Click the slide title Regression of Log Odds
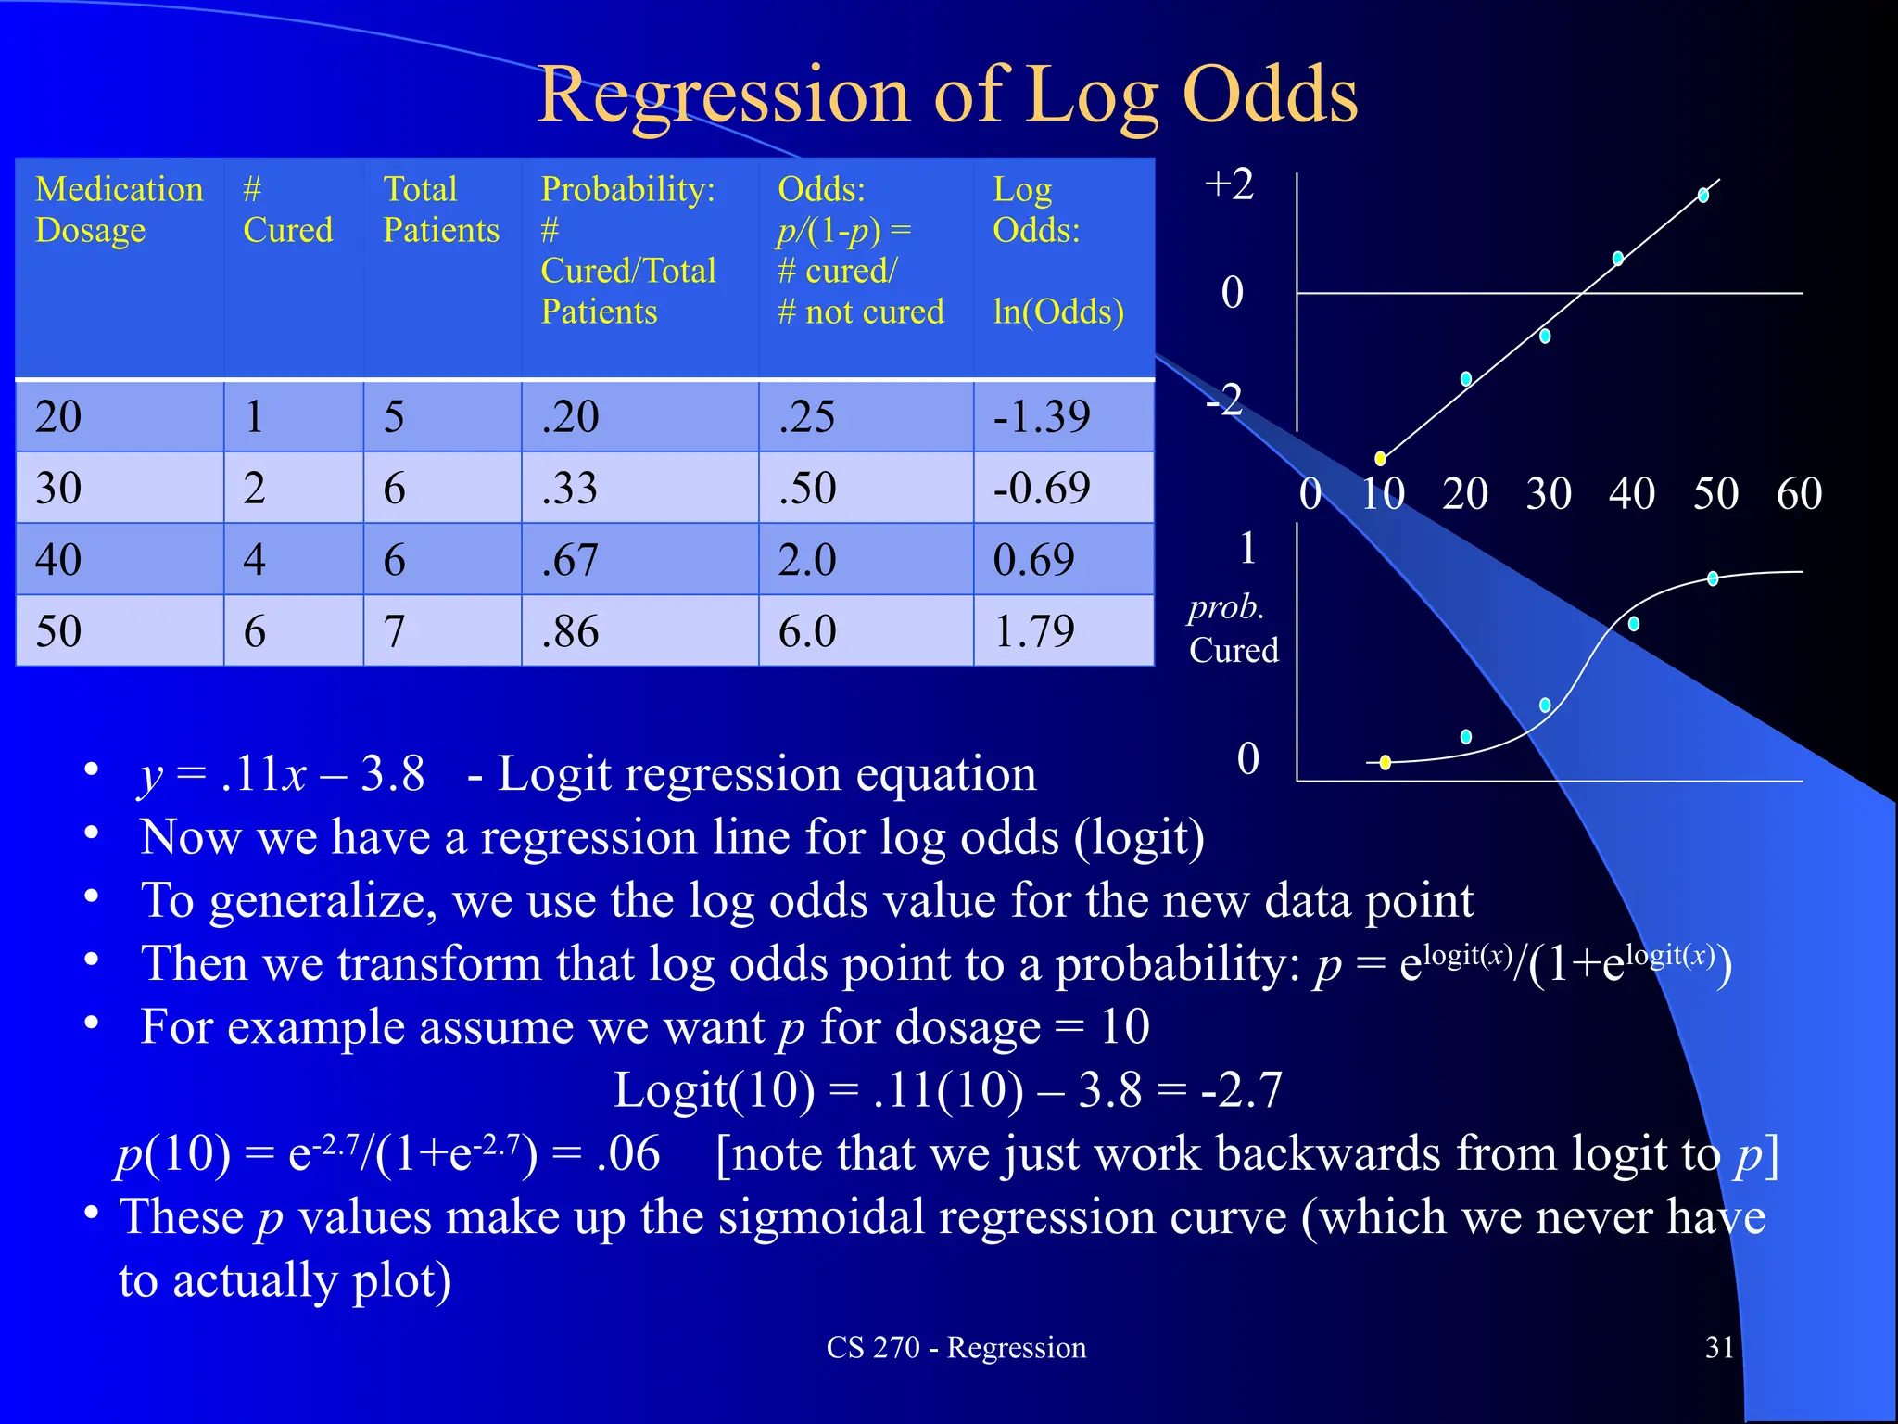tap(947, 95)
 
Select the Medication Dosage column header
tap(119, 210)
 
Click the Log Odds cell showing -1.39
tap(1042, 416)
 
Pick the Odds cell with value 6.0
tap(807, 631)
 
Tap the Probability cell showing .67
tap(570, 560)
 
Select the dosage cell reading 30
tap(58, 488)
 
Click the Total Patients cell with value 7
tap(394, 631)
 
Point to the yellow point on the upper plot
tap(1380, 458)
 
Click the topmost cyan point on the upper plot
tap(1703, 195)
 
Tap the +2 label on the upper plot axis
tap(1229, 184)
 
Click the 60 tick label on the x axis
tap(1799, 493)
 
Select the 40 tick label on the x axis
tap(1631, 493)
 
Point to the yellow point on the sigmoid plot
tap(1385, 762)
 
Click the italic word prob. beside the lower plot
tap(1226, 607)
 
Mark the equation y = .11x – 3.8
tap(282, 773)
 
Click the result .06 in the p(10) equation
tap(628, 1154)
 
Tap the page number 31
tap(1719, 1347)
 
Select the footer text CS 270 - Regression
tap(955, 1347)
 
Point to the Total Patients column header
tap(441, 210)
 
